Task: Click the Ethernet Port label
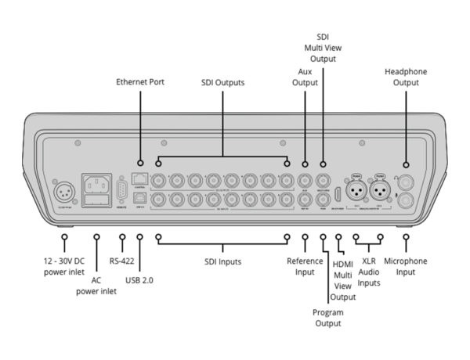coord(140,81)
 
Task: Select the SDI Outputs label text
coord(223,82)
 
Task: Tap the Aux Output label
coord(305,76)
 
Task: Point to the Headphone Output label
coord(406,76)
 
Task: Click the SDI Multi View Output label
coord(323,49)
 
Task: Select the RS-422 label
coord(122,261)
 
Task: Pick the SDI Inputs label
coord(223,261)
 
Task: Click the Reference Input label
coord(305,266)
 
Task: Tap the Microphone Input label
coord(406,266)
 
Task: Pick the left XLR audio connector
coord(356,190)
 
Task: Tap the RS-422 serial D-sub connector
coord(121,190)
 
